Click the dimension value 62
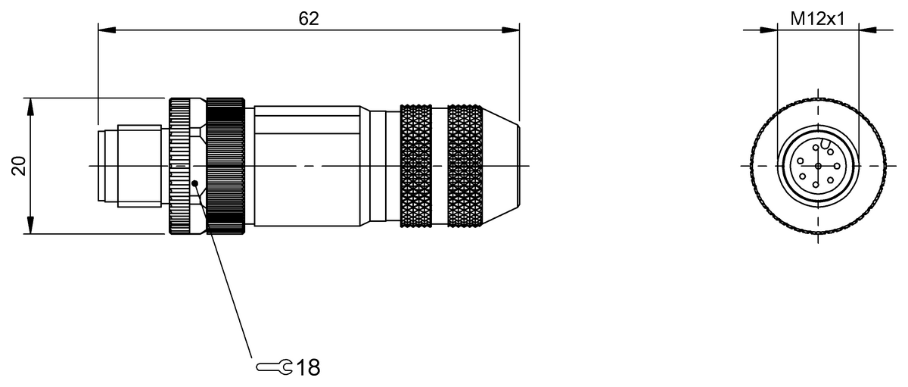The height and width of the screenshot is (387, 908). (309, 19)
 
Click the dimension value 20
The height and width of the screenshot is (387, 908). (19, 166)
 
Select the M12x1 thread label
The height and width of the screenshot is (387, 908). (817, 19)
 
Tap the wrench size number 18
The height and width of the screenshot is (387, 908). (308, 367)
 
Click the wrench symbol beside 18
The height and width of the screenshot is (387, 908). (274, 367)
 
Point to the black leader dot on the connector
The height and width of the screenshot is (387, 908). (195, 183)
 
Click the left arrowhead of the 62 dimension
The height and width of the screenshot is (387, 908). (107, 30)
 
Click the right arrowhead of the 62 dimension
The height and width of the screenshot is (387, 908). (510, 30)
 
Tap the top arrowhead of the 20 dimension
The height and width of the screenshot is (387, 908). (30, 107)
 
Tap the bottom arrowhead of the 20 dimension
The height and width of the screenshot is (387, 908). (30, 225)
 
